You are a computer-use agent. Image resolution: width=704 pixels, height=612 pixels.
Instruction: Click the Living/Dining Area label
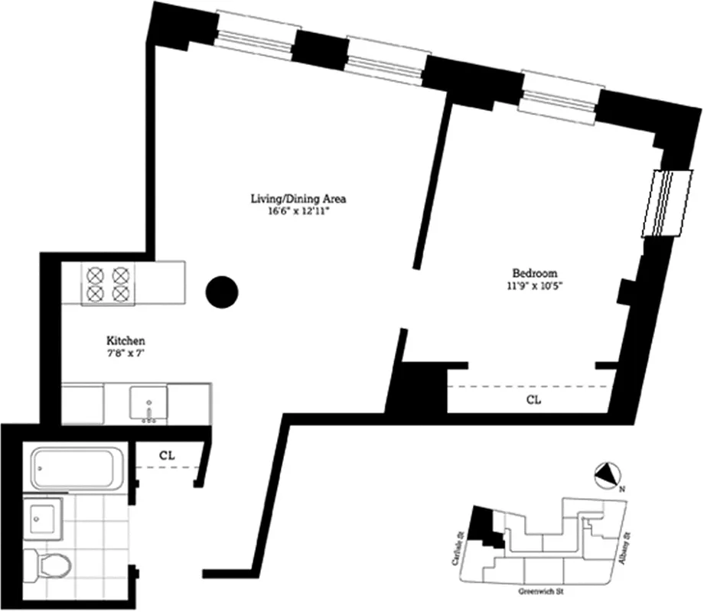coord(299,199)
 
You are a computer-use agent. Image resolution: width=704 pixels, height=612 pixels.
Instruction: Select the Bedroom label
coord(534,273)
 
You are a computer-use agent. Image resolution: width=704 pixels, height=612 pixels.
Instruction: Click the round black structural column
coord(223,291)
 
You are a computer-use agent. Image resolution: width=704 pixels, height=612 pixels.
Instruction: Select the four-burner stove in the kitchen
coord(107,283)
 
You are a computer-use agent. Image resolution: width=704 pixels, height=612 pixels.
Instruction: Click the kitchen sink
coord(148,403)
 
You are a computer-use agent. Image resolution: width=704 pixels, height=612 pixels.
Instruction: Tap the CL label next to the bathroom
coord(168,454)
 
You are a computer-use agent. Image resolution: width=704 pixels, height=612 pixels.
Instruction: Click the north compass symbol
coord(606,476)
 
